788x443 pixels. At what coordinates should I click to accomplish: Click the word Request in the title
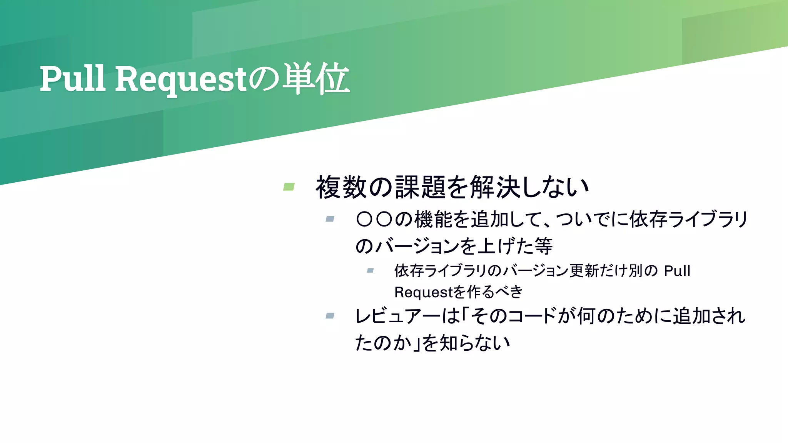181,79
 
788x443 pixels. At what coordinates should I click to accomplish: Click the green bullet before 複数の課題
289,187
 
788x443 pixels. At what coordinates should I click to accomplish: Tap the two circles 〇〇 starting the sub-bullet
374,220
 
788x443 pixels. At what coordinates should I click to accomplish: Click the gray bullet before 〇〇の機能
330,219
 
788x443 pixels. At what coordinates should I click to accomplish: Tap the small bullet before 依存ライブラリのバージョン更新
370,271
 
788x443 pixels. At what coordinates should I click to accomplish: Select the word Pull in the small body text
677,271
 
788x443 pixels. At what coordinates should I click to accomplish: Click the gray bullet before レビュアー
330,316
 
